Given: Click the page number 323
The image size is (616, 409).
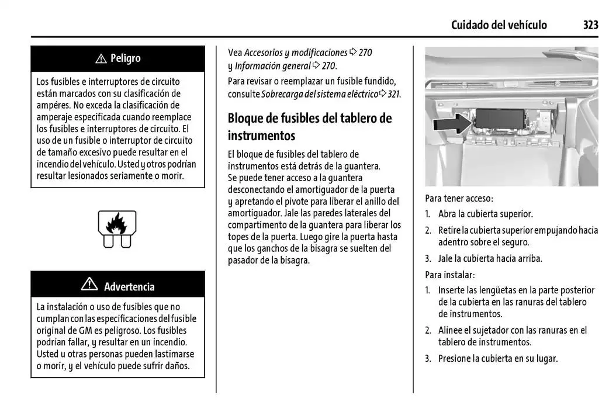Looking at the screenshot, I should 590,25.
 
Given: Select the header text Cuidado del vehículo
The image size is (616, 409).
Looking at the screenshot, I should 499,25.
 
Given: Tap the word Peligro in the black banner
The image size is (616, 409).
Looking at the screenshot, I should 125,58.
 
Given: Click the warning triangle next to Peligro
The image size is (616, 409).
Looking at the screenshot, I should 101,58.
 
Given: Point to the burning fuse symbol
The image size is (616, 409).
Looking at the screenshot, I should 117,228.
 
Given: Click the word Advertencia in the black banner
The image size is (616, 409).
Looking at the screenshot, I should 129,286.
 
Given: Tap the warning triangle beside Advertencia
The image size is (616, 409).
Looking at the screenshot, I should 89,285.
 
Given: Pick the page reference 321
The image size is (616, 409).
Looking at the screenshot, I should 394,93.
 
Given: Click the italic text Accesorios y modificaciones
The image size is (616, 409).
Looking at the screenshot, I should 296,53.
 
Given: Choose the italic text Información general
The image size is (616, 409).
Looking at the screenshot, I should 272,66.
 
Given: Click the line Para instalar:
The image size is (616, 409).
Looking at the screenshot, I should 449,274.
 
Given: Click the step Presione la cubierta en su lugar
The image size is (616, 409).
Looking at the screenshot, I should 497,358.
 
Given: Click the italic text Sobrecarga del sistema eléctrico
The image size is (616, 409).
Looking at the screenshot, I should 320,93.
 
